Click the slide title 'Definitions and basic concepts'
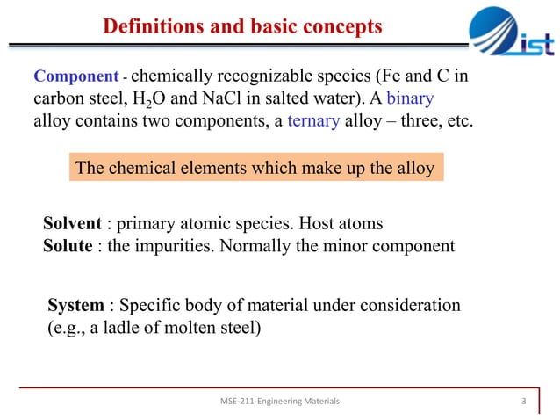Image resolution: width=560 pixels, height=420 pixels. tap(242, 27)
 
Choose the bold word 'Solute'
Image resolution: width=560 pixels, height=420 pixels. tap(68, 246)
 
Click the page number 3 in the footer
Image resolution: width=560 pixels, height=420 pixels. tap(524, 402)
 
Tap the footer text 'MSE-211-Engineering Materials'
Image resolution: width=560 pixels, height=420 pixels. tap(280, 402)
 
